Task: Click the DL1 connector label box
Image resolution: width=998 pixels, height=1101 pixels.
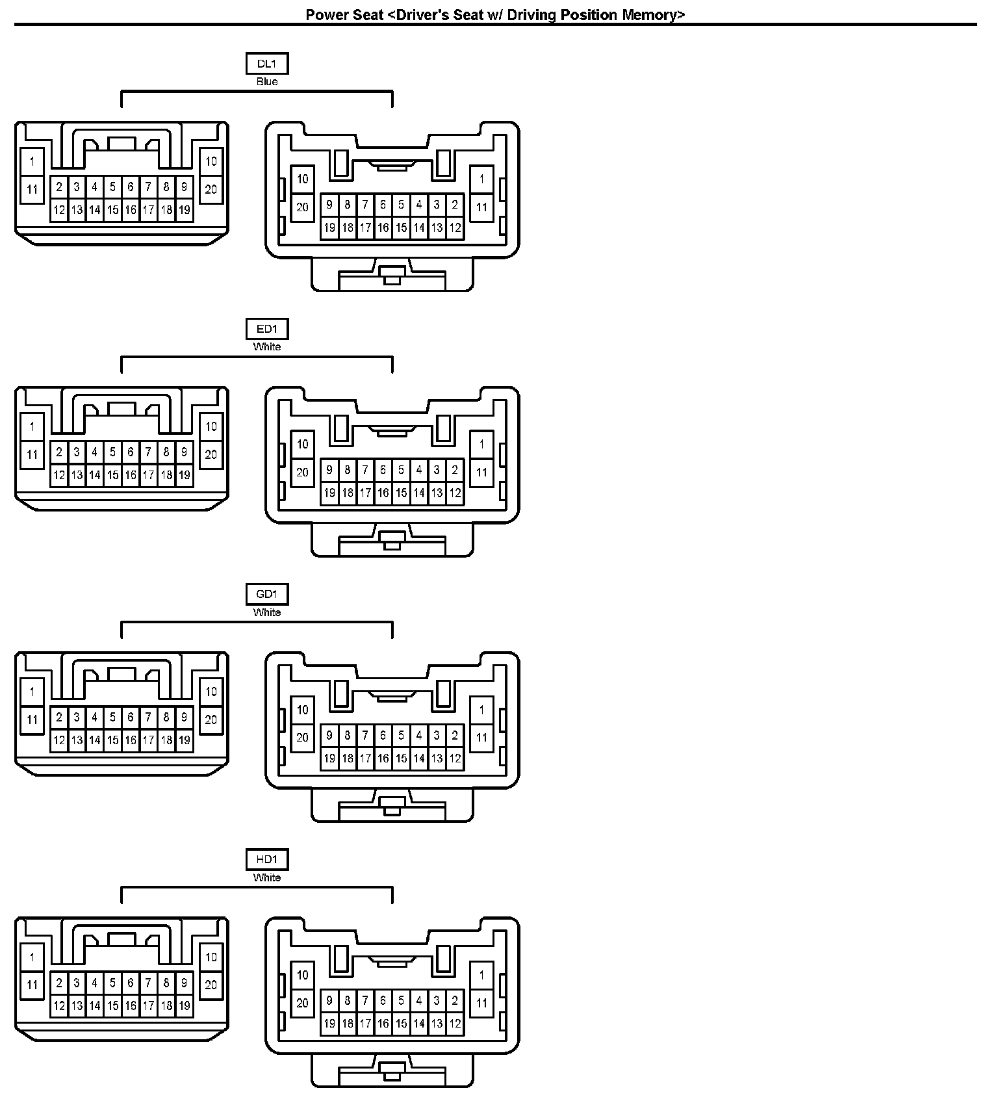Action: coord(267,64)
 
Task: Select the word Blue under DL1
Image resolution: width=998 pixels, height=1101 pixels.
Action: coord(267,82)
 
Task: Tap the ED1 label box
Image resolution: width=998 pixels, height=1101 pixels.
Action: coord(267,329)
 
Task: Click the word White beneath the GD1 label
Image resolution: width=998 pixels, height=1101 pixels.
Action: coord(267,612)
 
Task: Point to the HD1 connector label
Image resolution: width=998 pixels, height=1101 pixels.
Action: coord(267,859)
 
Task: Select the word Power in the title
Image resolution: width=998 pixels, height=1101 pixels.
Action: coord(327,15)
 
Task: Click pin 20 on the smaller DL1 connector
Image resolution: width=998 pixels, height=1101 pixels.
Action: coord(211,189)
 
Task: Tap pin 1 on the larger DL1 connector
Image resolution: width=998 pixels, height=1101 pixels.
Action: coord(481,179)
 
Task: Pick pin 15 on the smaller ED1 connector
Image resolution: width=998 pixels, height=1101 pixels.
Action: coord(112,475)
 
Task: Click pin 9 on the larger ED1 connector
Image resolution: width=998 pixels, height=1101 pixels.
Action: coord(329,470)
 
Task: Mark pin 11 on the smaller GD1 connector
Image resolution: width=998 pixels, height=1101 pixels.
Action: coord(32,720)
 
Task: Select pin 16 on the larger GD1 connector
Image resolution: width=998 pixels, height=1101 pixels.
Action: coord(383,758)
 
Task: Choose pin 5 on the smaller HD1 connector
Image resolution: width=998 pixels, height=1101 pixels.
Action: coord(112,983)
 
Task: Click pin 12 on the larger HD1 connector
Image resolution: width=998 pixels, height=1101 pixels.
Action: coord(455,1023)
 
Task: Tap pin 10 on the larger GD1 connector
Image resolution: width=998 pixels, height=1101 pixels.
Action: coord(303,710)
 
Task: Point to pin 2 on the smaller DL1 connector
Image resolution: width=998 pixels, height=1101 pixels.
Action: coord(59,187)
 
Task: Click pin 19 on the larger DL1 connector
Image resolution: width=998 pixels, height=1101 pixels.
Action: coord(329,227)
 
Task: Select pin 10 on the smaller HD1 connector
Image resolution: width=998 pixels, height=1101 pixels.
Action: coord(211,957)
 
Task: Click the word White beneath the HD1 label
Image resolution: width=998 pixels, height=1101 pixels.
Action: coord(267,877)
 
